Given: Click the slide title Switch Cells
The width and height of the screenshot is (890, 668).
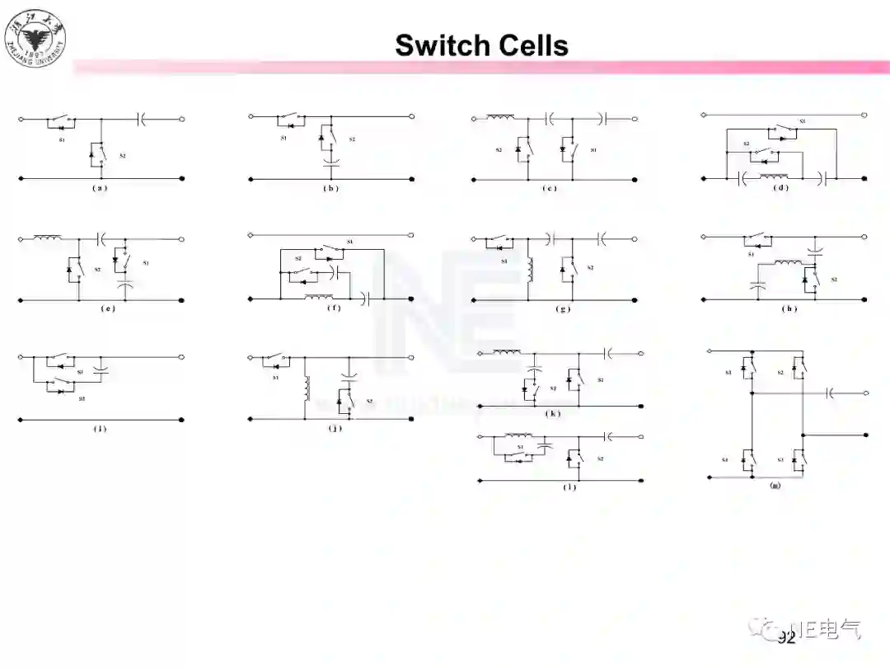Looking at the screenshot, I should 481,45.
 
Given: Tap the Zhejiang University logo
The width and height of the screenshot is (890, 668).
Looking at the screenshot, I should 35,37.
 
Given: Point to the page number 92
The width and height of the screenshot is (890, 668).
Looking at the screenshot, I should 786,637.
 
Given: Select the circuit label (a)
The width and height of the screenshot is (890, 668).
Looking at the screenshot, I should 101,188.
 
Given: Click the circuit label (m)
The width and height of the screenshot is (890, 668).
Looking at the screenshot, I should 775,486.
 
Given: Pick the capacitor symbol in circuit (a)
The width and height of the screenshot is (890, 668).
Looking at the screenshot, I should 142,120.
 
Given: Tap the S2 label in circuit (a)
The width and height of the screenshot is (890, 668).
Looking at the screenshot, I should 123,155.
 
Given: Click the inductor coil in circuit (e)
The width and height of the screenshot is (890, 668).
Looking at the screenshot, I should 47,239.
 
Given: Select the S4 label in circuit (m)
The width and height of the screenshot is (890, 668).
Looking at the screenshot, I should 726,459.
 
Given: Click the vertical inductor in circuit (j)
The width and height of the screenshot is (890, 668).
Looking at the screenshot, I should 307,388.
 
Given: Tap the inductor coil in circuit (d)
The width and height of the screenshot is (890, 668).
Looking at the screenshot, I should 774,176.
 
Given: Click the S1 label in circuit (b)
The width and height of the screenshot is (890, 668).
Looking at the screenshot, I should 283,138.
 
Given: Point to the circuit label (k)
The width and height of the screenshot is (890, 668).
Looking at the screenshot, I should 552,413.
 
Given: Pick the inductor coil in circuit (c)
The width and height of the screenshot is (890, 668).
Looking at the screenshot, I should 500,118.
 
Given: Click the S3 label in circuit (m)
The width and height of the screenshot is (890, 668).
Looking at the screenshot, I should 780,459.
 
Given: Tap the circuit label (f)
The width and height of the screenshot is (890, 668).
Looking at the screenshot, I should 332,308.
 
